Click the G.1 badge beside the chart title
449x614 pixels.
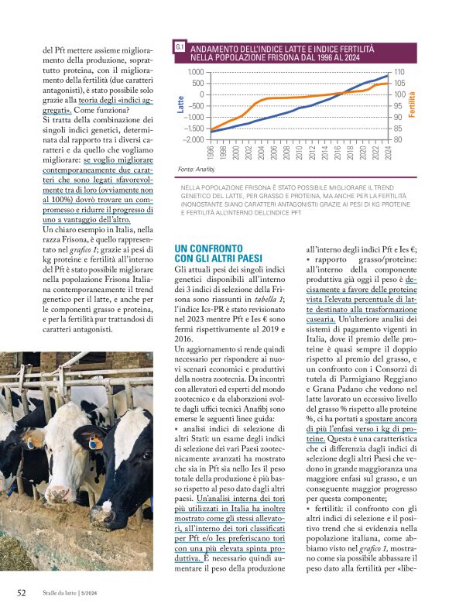179,48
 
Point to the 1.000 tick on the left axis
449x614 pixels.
194,72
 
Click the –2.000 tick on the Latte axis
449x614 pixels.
193,139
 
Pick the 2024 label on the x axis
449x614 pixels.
386,151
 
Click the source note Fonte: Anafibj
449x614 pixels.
194,168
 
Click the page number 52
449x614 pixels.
22,592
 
